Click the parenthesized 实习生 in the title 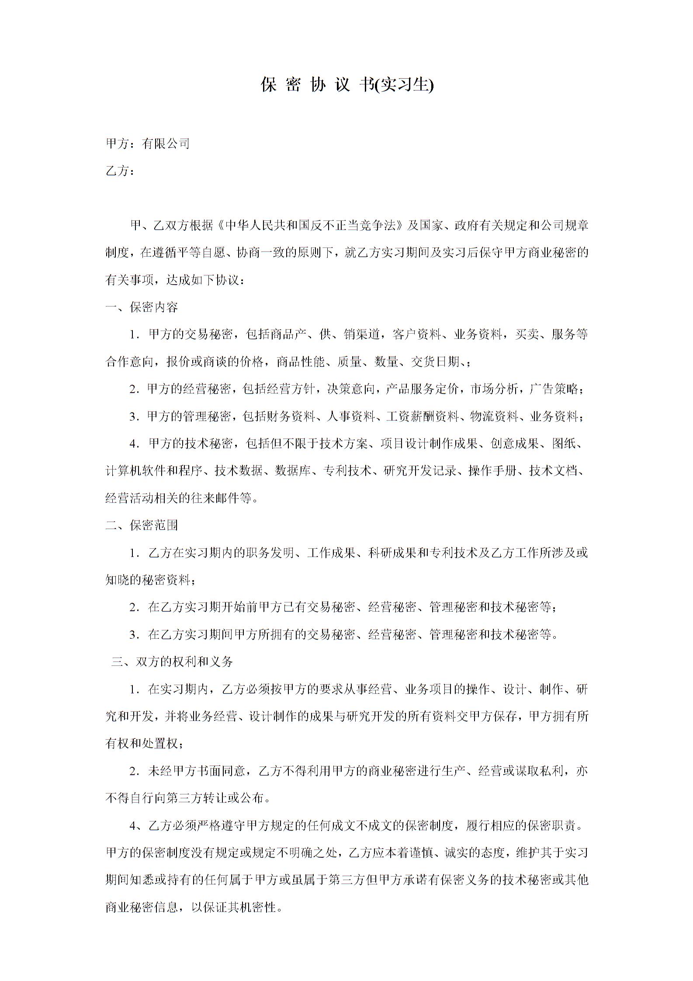pos(407,85)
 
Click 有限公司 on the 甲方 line pos(166,143)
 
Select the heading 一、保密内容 pos(142,307)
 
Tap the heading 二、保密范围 pos(142,525)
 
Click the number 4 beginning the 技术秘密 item pos(133,444)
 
